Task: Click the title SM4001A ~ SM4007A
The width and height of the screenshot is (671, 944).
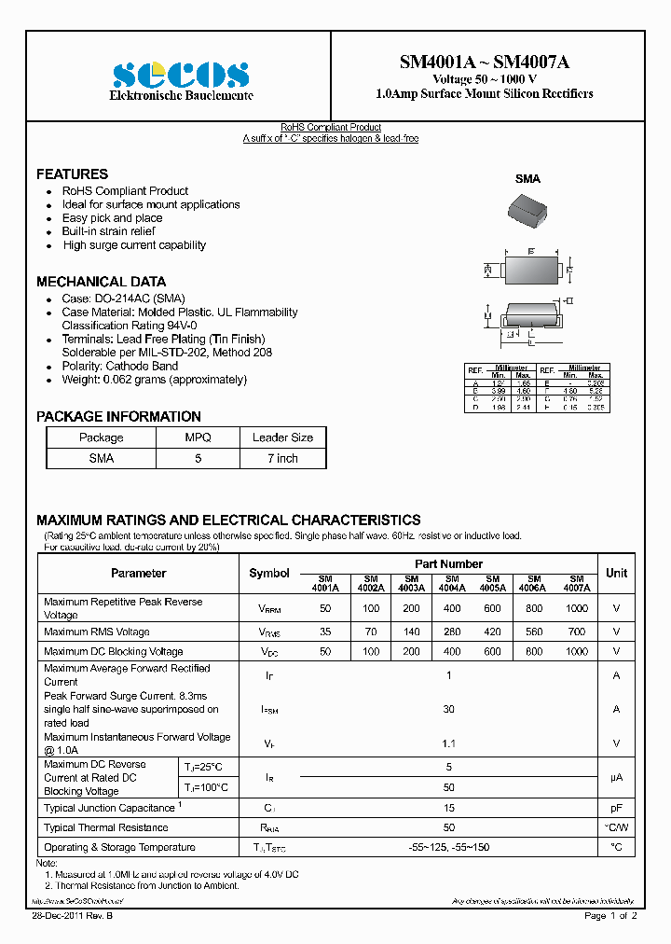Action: [x=484, y=62]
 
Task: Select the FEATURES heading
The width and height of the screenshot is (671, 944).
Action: [x=72, y=174]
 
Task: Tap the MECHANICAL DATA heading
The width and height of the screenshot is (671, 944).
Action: [x=101, y=282]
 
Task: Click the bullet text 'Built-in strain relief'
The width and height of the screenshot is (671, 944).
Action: [x=108, y=231]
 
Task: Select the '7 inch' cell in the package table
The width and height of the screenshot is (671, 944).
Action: [x=282, y=458]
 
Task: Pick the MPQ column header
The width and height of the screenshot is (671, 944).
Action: [x=198, y=437]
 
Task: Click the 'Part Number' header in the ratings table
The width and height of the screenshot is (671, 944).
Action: [x=448, y=564]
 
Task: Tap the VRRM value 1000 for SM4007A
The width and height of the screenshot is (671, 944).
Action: [x=576, y=608]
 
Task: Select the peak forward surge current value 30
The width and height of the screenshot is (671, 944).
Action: [x=448, y=710]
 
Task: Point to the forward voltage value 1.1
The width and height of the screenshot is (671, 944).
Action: [x=448, y=743]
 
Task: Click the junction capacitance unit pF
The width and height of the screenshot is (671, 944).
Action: [x=616, y=808]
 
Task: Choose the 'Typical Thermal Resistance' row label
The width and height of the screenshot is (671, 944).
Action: [x=106, y=827]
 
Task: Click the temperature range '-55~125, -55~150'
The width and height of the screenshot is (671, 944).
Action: [x=448, y=847]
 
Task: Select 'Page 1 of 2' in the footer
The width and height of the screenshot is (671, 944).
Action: [x=610, y=917]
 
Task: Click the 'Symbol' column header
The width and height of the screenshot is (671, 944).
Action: [x=269, y=573]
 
